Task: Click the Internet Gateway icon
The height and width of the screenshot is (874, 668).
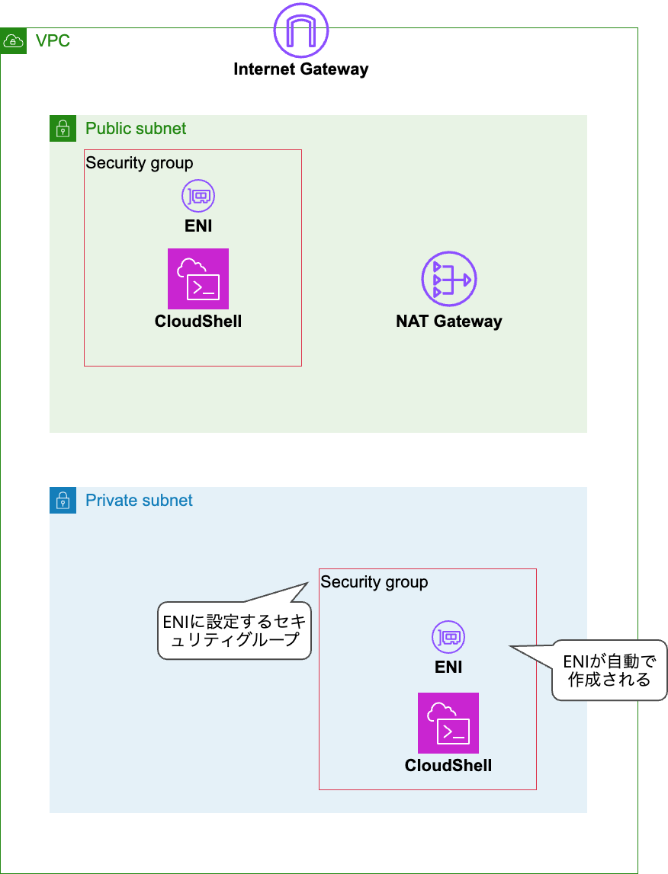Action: pyautogui.click(x=301, y=31)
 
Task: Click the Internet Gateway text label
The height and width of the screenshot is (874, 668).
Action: pyautogui.click(x=301, y=69)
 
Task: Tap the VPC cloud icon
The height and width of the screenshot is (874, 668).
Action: pyautogui.click(x=13, y=41)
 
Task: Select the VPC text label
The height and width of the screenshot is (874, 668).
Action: pyautogui.click(x=53, y=41)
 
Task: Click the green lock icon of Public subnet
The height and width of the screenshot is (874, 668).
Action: pyautogui.click(x=63, y=128)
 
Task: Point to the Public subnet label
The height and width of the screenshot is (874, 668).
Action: pyautogui.click(x=136, y=129)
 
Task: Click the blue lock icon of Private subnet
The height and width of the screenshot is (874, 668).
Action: pyautogui.click(x=63, y=501)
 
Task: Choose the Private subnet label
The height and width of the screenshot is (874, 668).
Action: pyautogui.click(x=139, y=501)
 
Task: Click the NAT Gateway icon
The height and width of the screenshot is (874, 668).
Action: pyautogui.click(x=449, y=280)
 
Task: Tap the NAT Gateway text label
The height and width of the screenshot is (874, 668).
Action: pyautogui.click(x=449, y=321)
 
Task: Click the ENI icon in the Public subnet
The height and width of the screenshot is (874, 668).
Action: pyautogui.click(x=198, y=197)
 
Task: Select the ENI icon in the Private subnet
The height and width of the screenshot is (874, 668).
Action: pyautogui.click(x=448, y=637)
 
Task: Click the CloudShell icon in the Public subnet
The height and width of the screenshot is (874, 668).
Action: pyautogui.click(x=198, y=279)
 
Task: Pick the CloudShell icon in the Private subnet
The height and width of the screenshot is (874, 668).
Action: pyautogui.click(x=448, y=723)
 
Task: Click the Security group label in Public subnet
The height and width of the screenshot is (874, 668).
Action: pyautogui.click(x=140, y=163)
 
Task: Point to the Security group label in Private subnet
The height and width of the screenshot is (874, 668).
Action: pyautogui.click(x=374, y=582)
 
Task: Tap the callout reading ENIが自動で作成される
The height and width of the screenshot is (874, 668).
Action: pyautogui.click(x=609, y=670)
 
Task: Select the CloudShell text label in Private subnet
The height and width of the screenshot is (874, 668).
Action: pyautogui.click(x=448, y=765)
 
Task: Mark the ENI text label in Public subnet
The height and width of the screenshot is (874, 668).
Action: pyautogui.click(x=198, y=226)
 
